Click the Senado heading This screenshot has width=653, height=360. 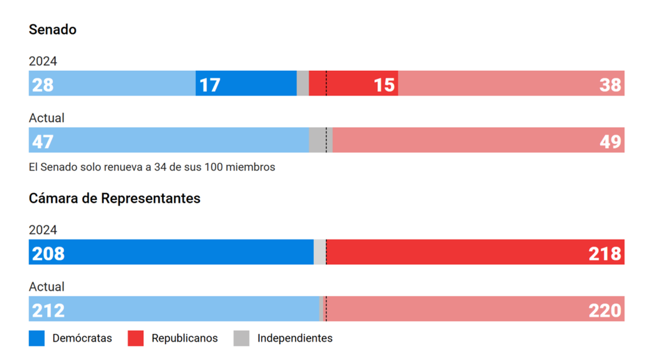click(x=52, y=30)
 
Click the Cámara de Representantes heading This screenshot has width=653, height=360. click(x=114, y=198)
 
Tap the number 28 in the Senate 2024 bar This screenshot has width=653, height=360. click(x=42, y=85)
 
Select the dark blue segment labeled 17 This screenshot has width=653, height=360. click(x=246, y=84)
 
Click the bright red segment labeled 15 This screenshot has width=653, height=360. click(x=354, y=84)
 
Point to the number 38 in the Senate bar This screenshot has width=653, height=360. click(x=610, y=85)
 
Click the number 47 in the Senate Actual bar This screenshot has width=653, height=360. click(x=42, y=141)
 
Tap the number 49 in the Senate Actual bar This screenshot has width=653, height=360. click(x=610, y=141)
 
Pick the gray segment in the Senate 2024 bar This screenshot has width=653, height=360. click(x=303, y=84)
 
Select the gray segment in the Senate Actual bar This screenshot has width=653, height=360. click(x=318, y=140)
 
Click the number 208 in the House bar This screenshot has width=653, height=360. click(x=48, y=254)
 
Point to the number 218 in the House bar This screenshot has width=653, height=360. click(x=605, y=254)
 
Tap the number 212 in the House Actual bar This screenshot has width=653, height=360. click(x=48, y=311)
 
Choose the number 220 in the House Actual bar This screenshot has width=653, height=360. click(x=605, y=311)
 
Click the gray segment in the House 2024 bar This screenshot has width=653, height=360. click(x=319, y=252)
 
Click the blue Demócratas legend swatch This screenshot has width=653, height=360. click(x=36, y=338)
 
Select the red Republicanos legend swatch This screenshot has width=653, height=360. click(x=135, y=338)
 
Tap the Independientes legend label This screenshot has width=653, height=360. click(x=294, y=338)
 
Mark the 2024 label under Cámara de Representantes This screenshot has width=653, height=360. click(x=42, y=230)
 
